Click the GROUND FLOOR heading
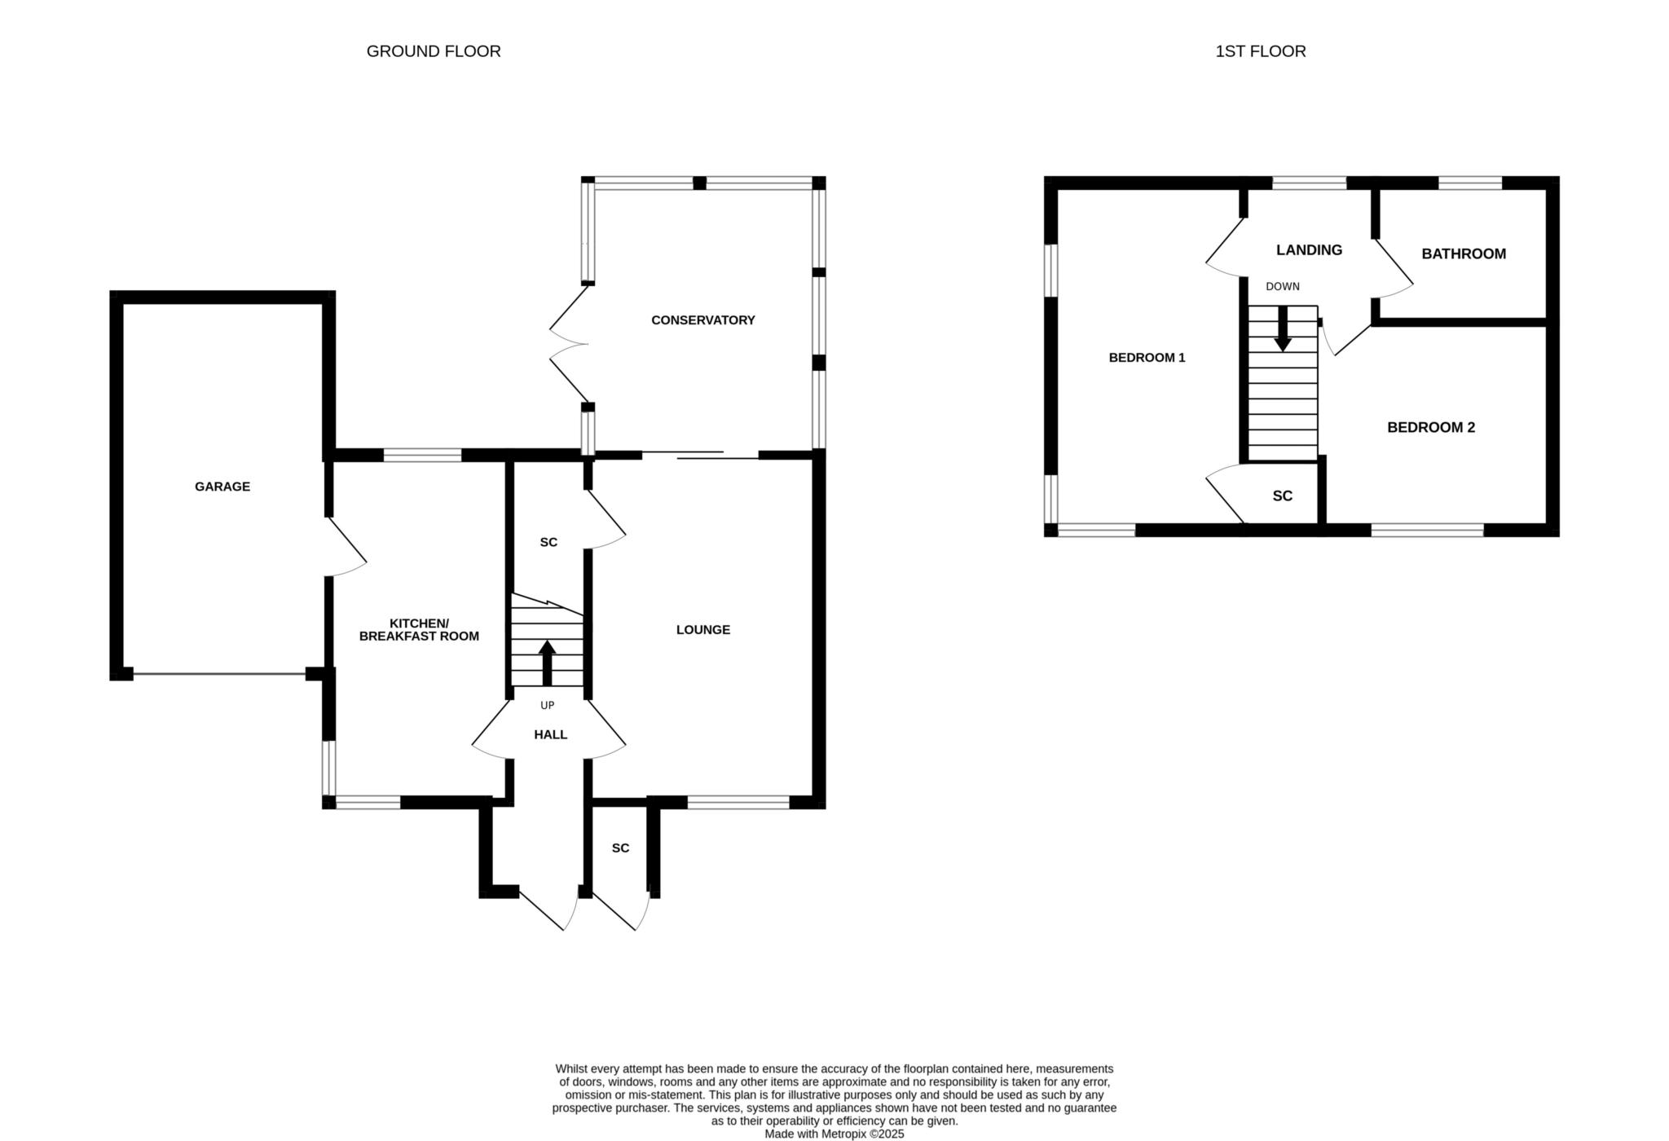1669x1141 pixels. click(x=434, y=51)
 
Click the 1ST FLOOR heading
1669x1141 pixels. click(x=1261, y=51)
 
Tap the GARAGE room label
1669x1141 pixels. click(x=222, y=487)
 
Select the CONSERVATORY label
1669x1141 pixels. click(x=703, y=320)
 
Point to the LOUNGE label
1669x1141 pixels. click(x=703, y=630)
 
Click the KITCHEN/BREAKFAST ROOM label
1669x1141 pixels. click(x=419, y=629)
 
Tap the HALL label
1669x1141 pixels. click(x=551, y=734)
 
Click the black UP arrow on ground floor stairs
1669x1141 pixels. click(x=547, y=663)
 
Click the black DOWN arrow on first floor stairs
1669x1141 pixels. click(x=1283, y=328)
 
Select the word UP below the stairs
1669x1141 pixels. click(x=547, y=706)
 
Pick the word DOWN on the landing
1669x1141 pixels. click(x=1283, y=287)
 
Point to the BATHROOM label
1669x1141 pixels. click(x=1464, y=253)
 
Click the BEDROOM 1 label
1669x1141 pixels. click(x=1147, y=358)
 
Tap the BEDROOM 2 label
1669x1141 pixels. click(x=1431, y=427)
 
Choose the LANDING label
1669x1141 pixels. click(x=1310, y=250)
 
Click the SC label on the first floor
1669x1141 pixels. click(x=1283, y=496)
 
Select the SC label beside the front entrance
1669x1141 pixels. click(x=621, y=848)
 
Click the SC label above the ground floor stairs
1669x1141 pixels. click(x=549, y=542)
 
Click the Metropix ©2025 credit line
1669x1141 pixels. click(x=834, y=1134)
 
